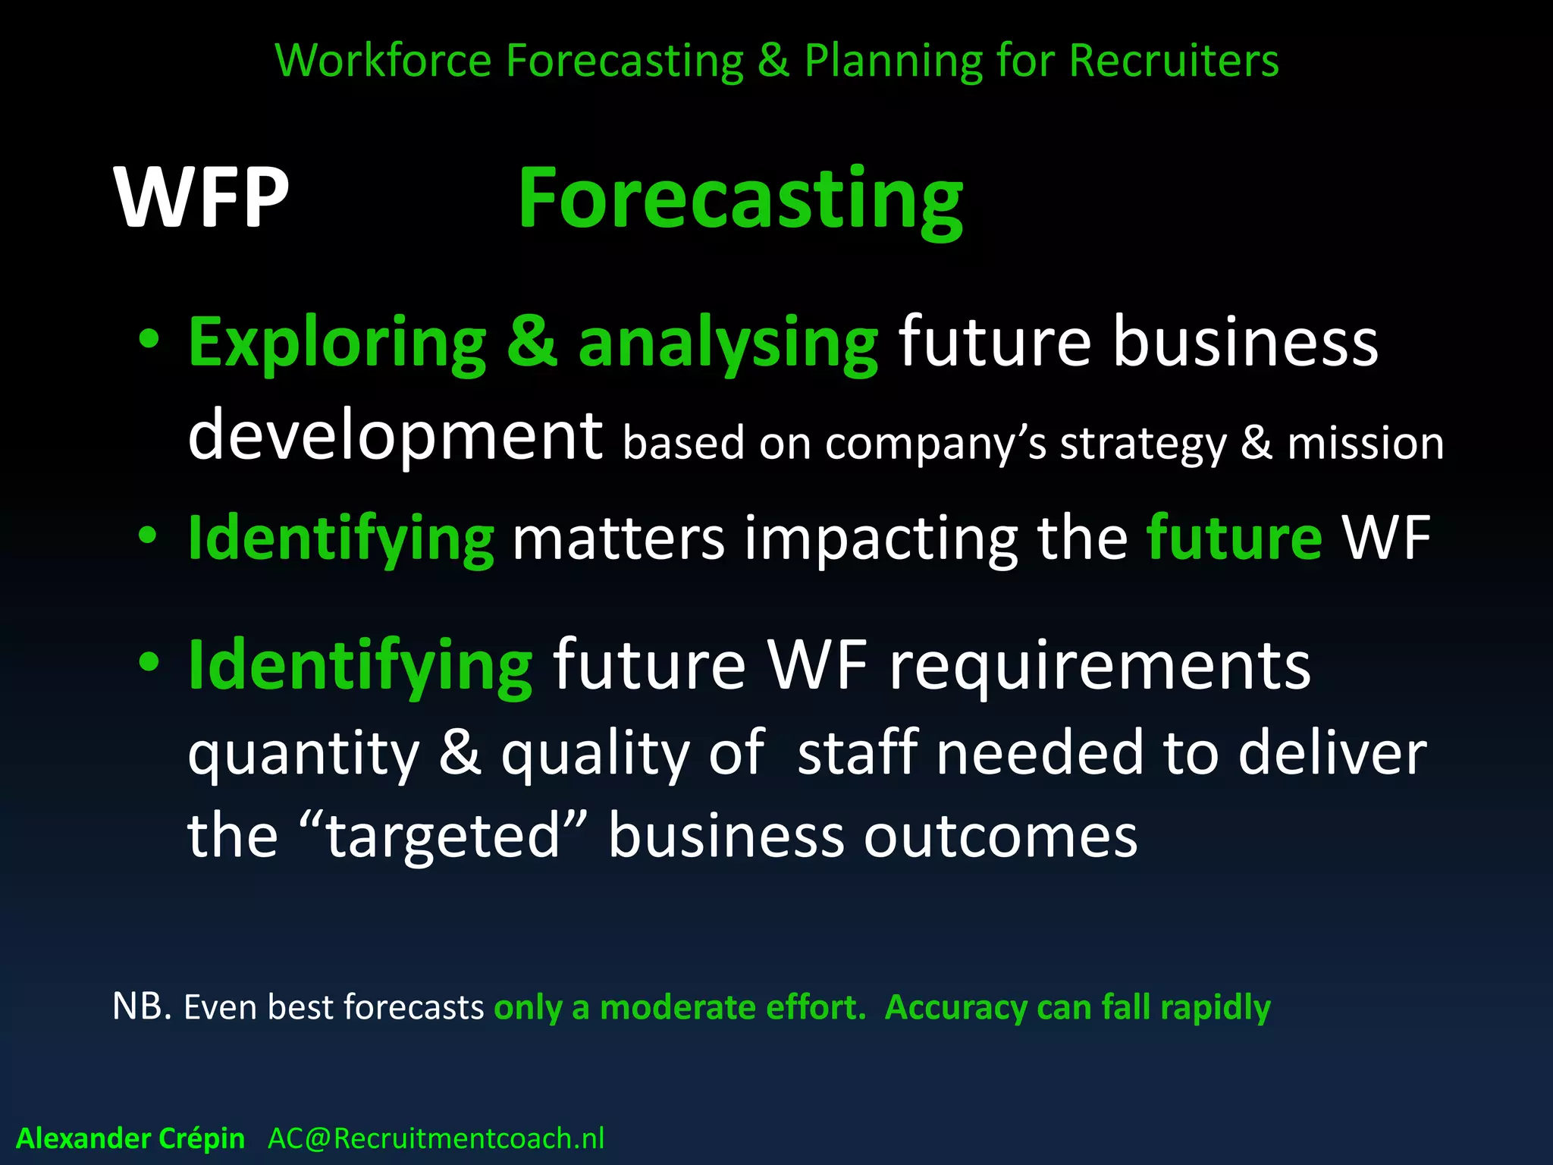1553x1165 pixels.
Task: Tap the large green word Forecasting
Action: click(x=740, y=199)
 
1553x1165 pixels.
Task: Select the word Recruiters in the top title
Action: click(x=1174, y=60)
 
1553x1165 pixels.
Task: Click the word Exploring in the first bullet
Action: click(x=337, y=343)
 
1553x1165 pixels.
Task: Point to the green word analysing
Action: click(x=728, y=343)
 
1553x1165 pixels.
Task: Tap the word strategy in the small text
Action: click(x=1143, y=444)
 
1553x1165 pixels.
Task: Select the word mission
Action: click(x=1366, y=444)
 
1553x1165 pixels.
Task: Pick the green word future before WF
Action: click(x=1235, y=538)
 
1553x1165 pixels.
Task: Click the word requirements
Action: click(x=1100, y=665)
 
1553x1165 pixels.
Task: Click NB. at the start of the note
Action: click(x=142, y=1006)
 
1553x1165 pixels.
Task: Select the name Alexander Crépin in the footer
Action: click(x=130, y=1138)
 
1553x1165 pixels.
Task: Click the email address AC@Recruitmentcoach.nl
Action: click(x=436, y=1138)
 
